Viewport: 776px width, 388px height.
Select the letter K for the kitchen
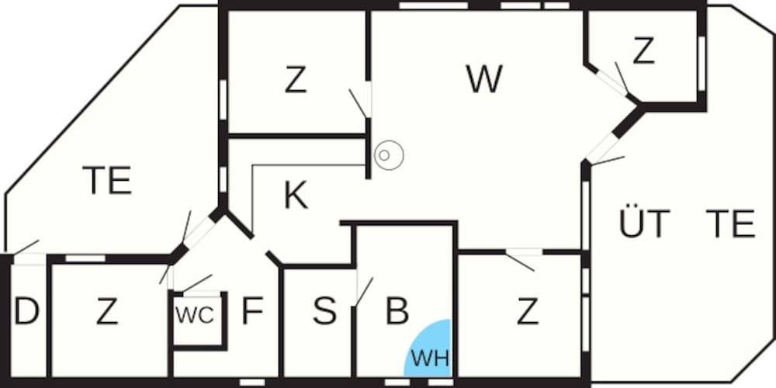click(x=295, y=196)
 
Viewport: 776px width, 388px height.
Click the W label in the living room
click(x=484, y=79)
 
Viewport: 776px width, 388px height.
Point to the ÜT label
click(x=644, y=224)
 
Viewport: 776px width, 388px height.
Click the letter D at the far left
click(x=26, y=312)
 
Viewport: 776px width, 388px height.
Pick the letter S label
click(x=324, y=311)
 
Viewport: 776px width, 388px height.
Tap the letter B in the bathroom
click(x=397, y=311)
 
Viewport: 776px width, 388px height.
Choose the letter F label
click(x=252, y=311)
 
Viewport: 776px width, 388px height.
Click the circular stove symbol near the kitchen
click(x=388, y=155)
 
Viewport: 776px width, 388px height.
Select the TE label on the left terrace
click(x=107, y=181)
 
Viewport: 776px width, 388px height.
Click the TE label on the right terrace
click(x=730, y=224)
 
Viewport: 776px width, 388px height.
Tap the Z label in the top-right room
click(x=643, y=52)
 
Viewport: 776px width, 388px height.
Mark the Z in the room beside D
click(x=107, y=312)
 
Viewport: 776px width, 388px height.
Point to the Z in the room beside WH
click(x=528, y=312)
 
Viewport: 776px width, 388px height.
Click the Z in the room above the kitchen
click(x=295, y=81)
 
